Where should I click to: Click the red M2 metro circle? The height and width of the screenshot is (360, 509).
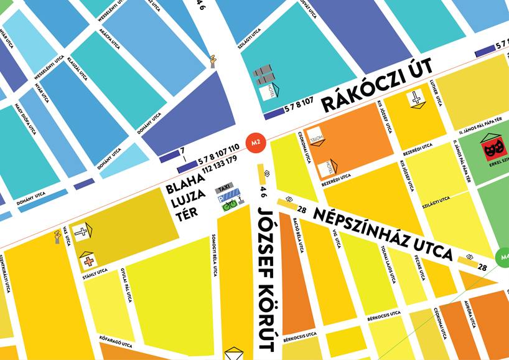(254, 143)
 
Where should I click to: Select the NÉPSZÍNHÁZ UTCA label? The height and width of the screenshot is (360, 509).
(383, 234)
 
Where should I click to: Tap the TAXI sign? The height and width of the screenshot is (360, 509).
(224, 188)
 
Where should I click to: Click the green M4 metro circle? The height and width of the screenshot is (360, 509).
(503, 256)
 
